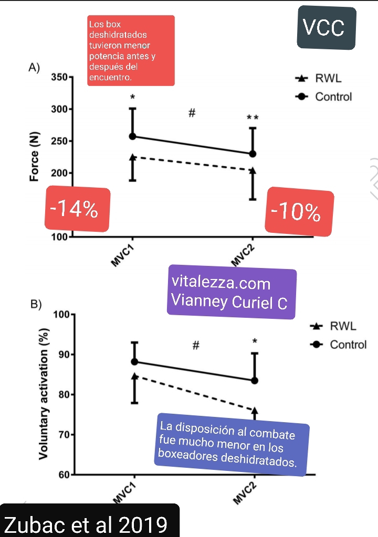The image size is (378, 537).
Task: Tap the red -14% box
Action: [x=78, y=209]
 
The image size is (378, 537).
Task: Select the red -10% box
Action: [x=299, y=211]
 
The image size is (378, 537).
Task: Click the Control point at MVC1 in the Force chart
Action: [x=133, y=136]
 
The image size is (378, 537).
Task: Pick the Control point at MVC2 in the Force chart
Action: [x=253, y=154]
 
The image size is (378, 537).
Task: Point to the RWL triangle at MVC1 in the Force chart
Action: [x=133, y=157]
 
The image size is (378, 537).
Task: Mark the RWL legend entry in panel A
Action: [x=320, y=79]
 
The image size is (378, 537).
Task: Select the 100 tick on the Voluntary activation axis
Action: [x=61, y=315]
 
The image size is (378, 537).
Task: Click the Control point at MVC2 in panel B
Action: [x=255, y=380]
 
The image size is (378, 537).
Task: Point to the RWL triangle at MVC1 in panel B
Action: [x=135, y=376]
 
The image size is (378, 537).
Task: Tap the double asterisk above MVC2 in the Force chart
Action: [x=253, y=119]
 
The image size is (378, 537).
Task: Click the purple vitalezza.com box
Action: [x=232, y=292]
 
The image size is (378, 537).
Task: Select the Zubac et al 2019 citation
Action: [x=86, y=524]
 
